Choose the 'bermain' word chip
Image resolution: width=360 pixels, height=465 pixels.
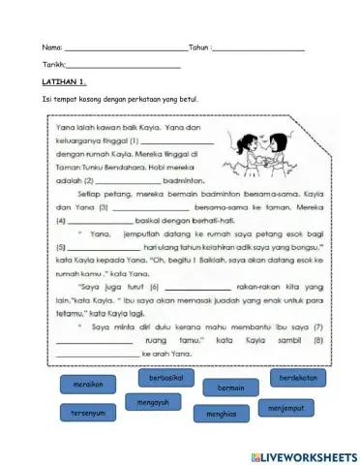(230, 387)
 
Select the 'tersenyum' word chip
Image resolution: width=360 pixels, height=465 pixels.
(88, 414)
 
